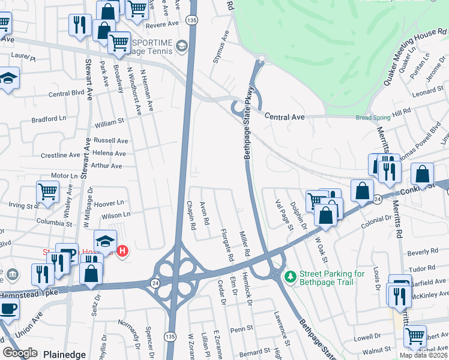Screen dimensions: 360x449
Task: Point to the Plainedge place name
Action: [x=64, y=355]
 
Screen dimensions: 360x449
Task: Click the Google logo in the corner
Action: [x=20, y=353]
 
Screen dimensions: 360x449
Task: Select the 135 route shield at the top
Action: [x=191, y=20]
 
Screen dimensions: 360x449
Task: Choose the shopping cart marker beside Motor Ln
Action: [x=47, y=192]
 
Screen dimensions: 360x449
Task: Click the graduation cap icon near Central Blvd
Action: [x=8, y=78]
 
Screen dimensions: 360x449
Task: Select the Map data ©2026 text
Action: [x=423, y=355]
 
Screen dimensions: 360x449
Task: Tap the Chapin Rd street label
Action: [x=190, y=216]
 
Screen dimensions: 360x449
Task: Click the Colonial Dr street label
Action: [x=376, y=221]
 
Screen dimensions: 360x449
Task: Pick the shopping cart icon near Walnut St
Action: [x=415, y=336]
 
